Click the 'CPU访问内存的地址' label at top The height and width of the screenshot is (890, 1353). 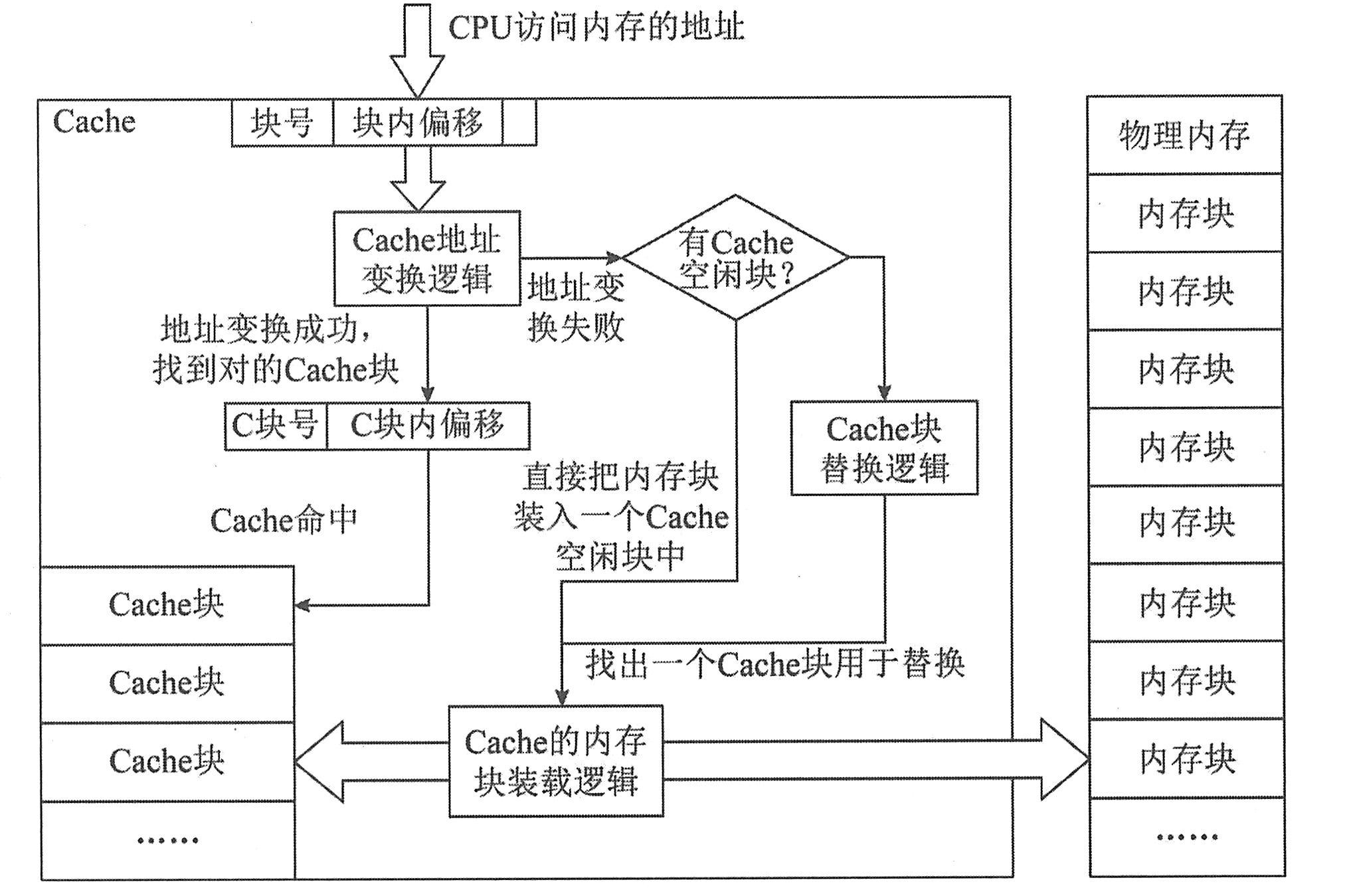596,28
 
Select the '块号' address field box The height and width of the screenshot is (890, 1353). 282,123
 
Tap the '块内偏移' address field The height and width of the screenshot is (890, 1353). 418,123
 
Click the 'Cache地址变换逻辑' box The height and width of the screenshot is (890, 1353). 426,259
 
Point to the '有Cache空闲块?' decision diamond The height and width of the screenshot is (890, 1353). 735,258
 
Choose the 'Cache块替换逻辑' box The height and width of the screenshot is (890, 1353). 884,448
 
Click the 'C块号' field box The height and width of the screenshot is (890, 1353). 276,426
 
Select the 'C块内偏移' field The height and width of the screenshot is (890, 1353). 428,426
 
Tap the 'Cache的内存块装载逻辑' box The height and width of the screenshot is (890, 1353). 556,761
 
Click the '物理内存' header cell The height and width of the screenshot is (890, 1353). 1184,135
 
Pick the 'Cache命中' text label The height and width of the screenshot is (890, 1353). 284,521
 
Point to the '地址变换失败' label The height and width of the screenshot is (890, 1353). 576,308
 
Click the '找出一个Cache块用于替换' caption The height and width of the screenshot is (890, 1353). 774,664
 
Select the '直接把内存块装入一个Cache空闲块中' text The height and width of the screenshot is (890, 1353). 621,517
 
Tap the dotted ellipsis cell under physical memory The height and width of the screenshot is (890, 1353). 1186,837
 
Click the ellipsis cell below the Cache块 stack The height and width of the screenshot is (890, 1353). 167,840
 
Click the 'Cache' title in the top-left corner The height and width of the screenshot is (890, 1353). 94,122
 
